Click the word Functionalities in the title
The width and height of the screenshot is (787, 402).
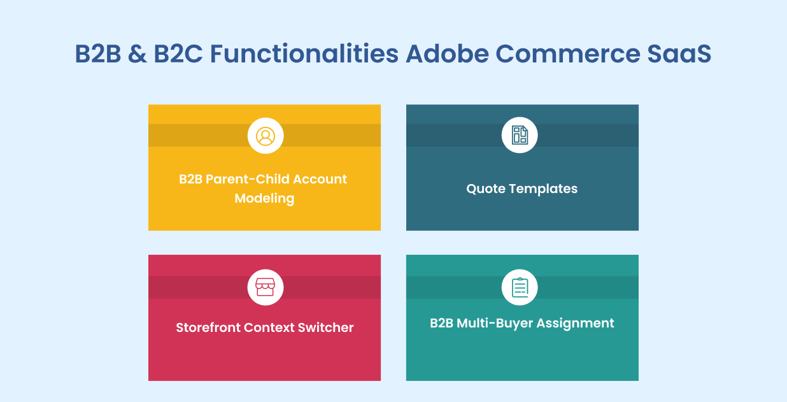click(x=304, y=54)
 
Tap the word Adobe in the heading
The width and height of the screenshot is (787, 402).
click(x=447, y=54)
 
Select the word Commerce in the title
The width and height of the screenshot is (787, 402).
click(x=568, y=54)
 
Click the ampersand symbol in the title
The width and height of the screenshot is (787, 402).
click(x=138, y=54)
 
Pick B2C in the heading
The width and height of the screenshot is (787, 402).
click(x=178, y=54)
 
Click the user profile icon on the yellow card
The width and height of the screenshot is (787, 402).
click(x=266, y=136)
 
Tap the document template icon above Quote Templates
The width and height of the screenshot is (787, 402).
click(x=520, y=135)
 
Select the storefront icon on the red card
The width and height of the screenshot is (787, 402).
click(x=266, y=287)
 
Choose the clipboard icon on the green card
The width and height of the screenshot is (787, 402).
click(x=520, y=287)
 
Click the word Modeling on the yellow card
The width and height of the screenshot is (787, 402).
click(x=264, y=199)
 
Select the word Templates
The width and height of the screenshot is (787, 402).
click(x=543, y=189)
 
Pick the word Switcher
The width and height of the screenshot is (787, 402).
click(x=326, y=327)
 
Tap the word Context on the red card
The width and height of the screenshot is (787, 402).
click(x=269, y=327)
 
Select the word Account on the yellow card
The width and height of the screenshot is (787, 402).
click(x=320, y=179)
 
